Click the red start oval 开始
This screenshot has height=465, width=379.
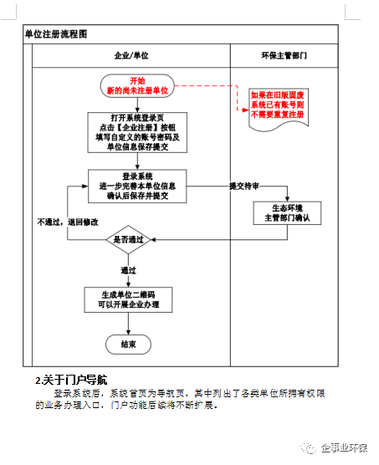pyautogui.click(x=137, y=85)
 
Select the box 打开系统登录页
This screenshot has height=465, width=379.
pyautogui.click(x=137, y=132)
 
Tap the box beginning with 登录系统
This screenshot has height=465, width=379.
pyautogui.click(x=137, y=187)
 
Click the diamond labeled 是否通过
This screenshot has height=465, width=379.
pyautogui.click(x=128, y=240)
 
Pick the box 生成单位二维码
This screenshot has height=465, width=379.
pyautogui.click(x=128, y=299)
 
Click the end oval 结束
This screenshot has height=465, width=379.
pyautogui.click(x=128, y=345)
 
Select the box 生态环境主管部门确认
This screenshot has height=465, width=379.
pyautogui.click(x=287, y=213)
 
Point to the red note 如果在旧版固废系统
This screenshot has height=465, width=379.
pyautogui.click(x=279, y=109)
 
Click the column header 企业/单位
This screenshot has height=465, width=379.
pyautogui.click(x=131, y=55)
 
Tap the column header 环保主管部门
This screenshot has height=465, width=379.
pyautogui.click(x=284, y=55)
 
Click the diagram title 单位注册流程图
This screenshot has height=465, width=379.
pyautogui.click(x=56, y=34)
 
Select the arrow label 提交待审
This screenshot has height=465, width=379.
pyautogui.click(x=244, y=187)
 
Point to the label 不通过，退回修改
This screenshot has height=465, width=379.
pyautogui.click(x=68, y=222)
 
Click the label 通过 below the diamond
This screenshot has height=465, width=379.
pyautogui.click(x=128, y=270)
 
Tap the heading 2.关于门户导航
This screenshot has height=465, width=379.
pyautogui.click(x=71, y=380)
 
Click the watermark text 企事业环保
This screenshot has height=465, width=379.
pyautogui.click(x=344, y=447)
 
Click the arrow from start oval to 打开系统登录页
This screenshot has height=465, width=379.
pyautogui.click(x=137, y=105)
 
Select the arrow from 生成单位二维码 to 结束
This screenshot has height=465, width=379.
pyautogui.click(x=128, y=324)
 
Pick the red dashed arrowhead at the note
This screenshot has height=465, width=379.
pyautogui.click(x=245, y=110)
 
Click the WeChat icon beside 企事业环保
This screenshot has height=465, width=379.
pyautogui.click(x=309, y=447)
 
